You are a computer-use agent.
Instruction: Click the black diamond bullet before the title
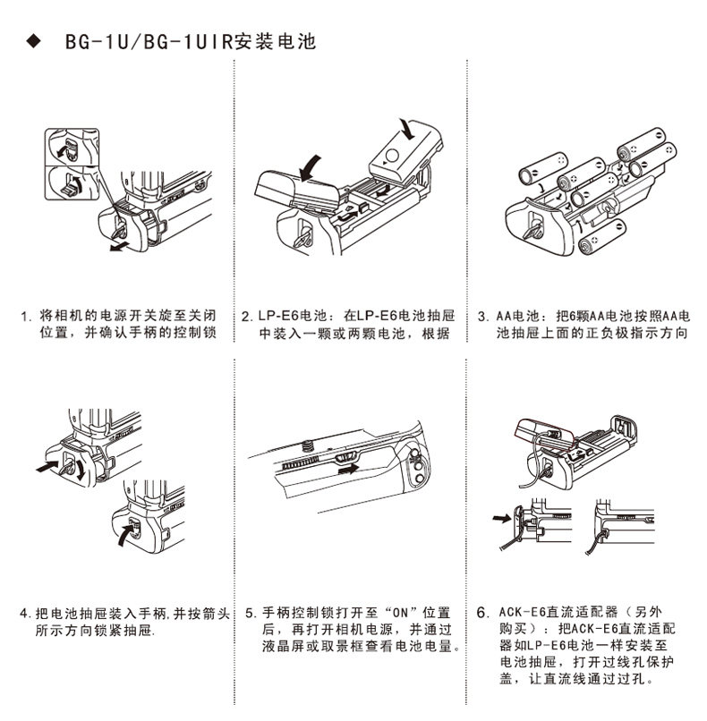35,42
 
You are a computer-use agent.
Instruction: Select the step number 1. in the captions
27,317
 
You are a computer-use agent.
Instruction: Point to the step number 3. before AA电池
482,317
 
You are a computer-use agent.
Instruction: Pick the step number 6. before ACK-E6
482,614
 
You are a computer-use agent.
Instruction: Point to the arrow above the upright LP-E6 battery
408,127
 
